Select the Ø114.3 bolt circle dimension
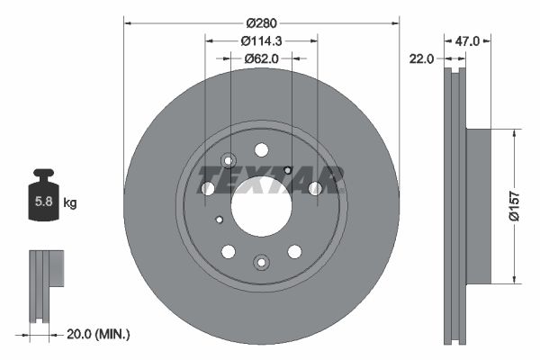click(x=261, y=40)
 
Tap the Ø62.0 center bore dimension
click(x=261, y=58)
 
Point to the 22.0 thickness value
click(x=421, y=58)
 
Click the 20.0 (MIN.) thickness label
click(x=99, y=334)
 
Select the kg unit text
click(x=70, y=203)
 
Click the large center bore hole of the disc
click(x=261, y=206)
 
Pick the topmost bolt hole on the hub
click(x=261, y=149)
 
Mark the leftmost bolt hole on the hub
click(x=207, y=188)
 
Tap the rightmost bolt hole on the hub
click(x=315, y=188)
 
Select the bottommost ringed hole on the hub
click(x=261, y=262)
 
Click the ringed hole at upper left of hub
click(x=228, y=161)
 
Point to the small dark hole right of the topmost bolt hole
click(x=287, y=169)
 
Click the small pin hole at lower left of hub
click(x=219, y=219)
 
